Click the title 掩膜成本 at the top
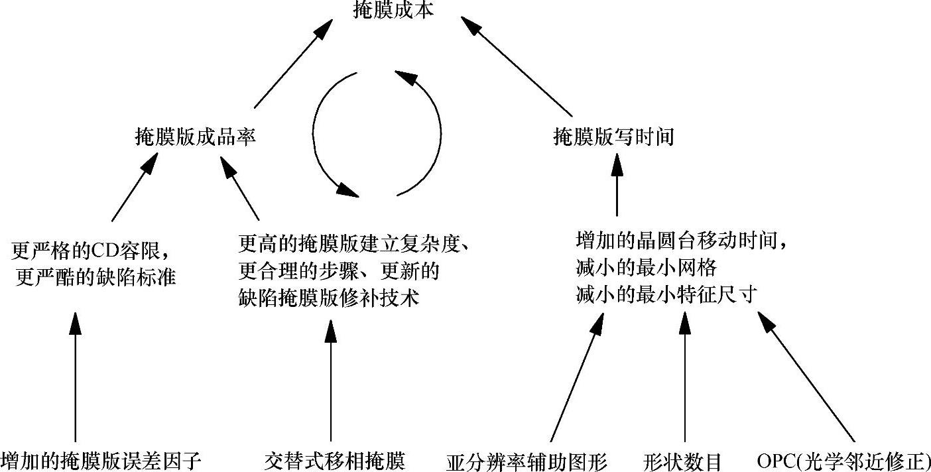point(393,11)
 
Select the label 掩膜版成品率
point(194,137)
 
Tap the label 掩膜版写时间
point(613,137)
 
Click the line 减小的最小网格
point(646,268)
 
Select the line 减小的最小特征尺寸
point(666,296)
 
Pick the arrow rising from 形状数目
point(684,378)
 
